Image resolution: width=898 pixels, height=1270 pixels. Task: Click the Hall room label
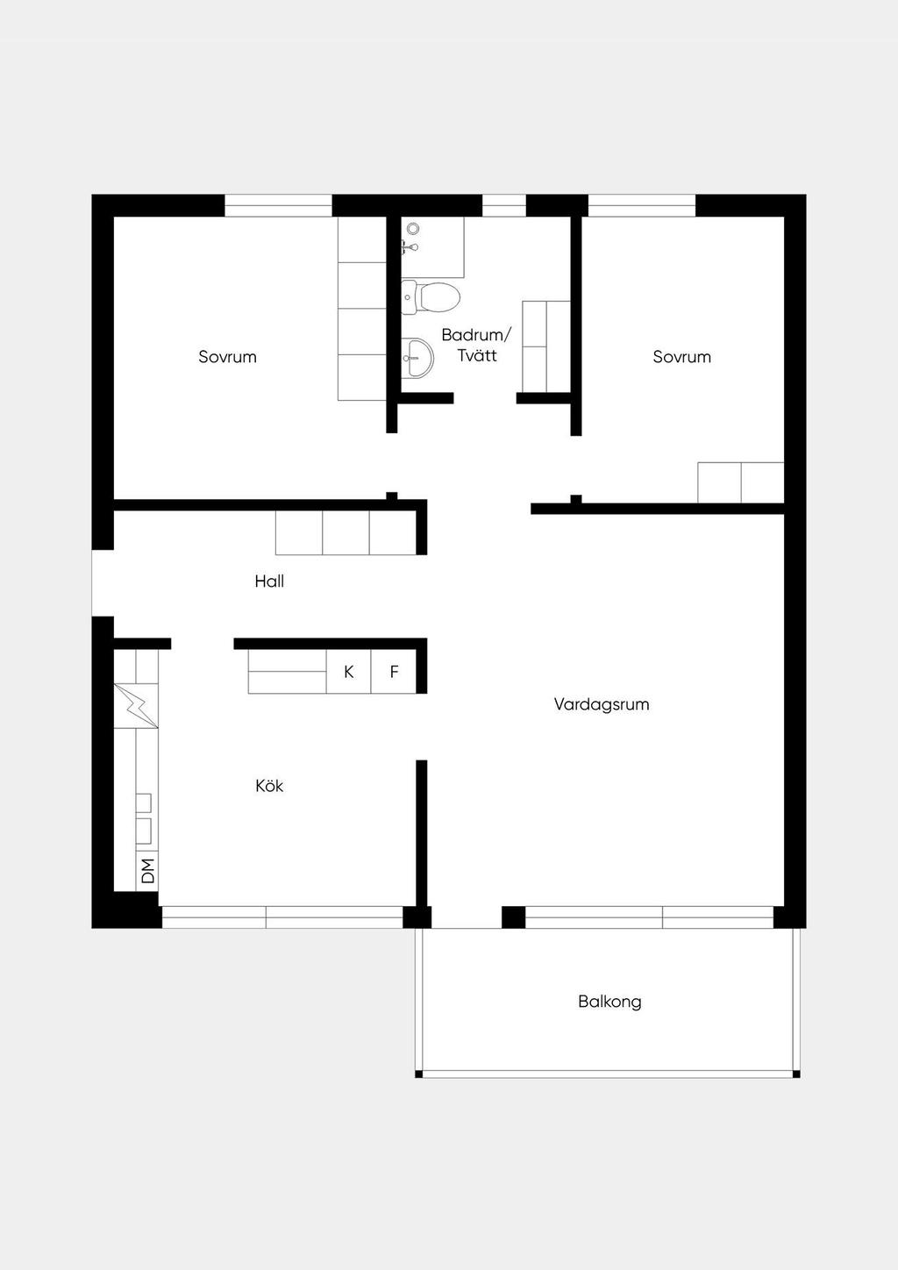269,581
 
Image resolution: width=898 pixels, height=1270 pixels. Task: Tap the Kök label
269,786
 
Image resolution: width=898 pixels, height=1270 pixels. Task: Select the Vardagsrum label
602,705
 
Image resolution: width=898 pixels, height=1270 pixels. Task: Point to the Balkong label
610,1002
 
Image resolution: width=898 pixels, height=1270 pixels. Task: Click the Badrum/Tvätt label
476,345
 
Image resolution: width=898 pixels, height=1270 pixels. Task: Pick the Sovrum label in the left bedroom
227,357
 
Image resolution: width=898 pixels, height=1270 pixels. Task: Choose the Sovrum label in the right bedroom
682,357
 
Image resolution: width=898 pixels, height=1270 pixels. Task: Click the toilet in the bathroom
430,296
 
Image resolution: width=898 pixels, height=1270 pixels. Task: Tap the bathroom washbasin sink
417,358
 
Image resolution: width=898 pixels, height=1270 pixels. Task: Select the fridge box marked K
349,672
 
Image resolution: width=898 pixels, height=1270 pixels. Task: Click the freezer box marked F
394,672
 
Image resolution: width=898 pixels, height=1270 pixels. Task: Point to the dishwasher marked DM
147,871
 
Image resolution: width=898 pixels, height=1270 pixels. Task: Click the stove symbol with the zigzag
136,706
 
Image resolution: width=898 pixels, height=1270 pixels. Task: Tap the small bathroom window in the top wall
504,206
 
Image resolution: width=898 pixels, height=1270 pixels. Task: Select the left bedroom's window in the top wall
278,206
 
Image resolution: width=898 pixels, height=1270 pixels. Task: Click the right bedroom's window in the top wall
642,206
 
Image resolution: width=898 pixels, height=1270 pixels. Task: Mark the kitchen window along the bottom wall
282,917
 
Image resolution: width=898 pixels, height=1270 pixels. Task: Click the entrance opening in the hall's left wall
103,583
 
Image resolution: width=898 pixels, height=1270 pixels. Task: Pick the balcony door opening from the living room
467,917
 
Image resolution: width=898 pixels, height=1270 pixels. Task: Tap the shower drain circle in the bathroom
413,229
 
